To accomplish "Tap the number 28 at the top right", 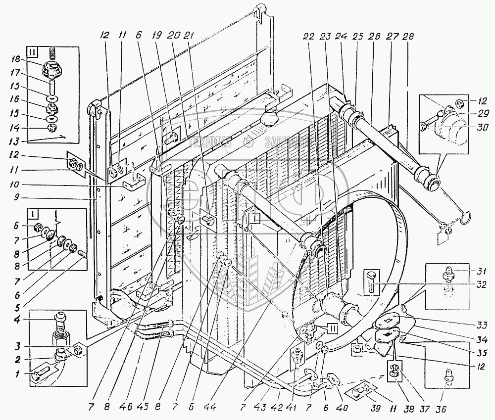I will pos(409,37).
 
